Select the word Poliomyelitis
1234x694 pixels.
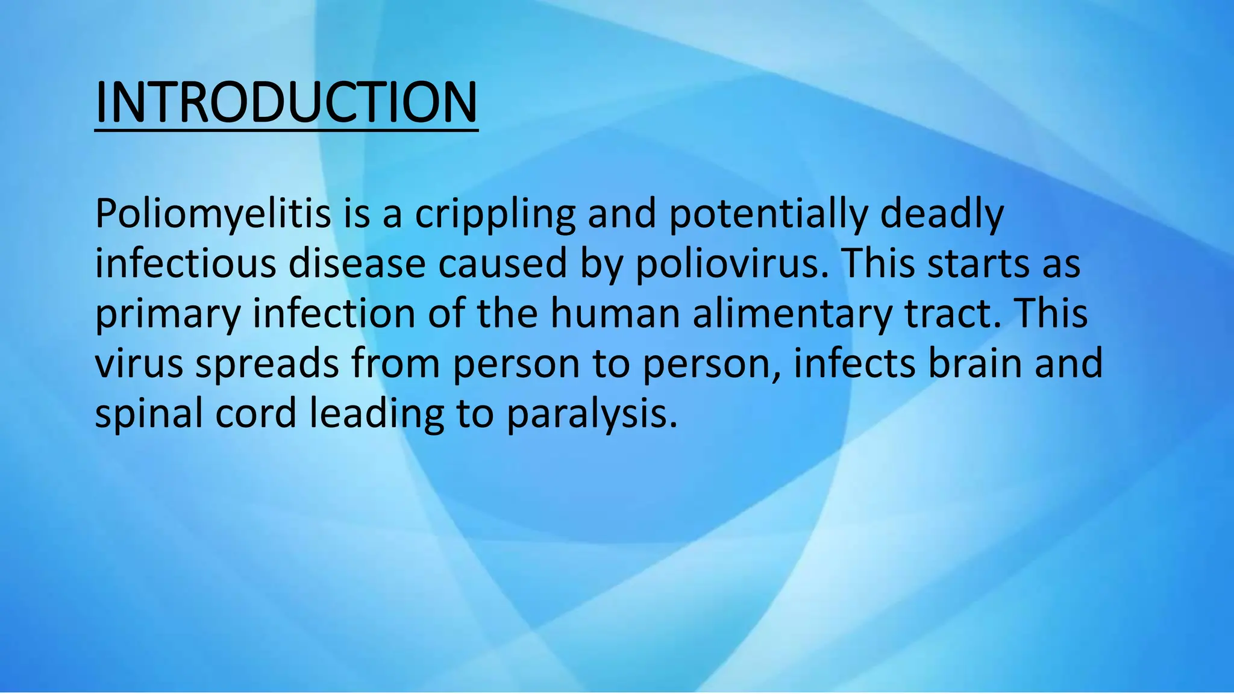point(213,214)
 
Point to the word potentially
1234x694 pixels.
point(768,214)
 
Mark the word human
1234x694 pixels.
point(615,314)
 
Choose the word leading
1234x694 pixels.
point(377,414)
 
